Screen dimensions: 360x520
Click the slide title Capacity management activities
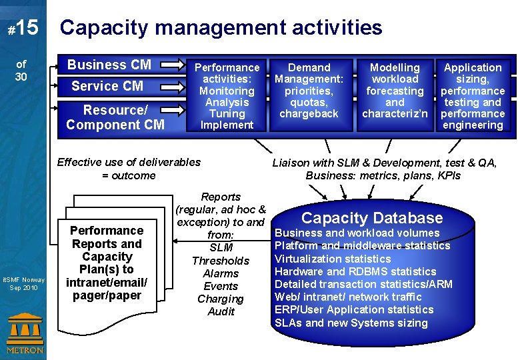(x=221, y=27)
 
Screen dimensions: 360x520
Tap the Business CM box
(x=109, y=65)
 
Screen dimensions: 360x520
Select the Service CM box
(x=107, y=86)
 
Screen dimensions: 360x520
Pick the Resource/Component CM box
(x=115, y=117)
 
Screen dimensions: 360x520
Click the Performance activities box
(x=227, y=96)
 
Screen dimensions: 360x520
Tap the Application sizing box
(x=473, y=96)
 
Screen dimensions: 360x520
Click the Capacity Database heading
(x=372, y=218)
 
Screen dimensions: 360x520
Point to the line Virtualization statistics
(x=333, y=259)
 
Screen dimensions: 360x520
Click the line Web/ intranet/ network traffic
(x=348, y=297)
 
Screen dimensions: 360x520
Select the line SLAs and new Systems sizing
(x=351, y=323)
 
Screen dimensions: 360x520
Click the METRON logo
(x=25, y=333)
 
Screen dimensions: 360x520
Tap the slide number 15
(x=26, y=28)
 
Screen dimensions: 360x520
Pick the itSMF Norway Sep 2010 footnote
(x=23, y=283)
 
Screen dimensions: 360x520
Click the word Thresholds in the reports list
(x=221, y=261)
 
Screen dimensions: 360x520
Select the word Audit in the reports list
(x=221, y=311)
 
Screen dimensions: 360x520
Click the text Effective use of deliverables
(x=129, y=162)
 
